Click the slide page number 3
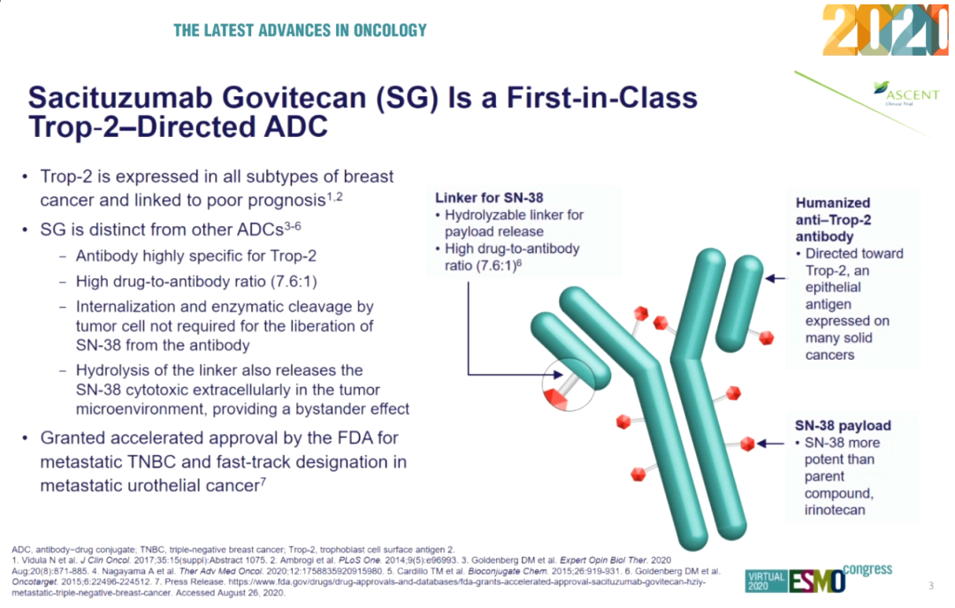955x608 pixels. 931,586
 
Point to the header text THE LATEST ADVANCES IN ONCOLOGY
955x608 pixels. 300,31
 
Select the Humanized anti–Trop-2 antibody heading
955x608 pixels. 832,219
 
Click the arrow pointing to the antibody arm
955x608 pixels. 775,278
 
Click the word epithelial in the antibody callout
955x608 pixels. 833,287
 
